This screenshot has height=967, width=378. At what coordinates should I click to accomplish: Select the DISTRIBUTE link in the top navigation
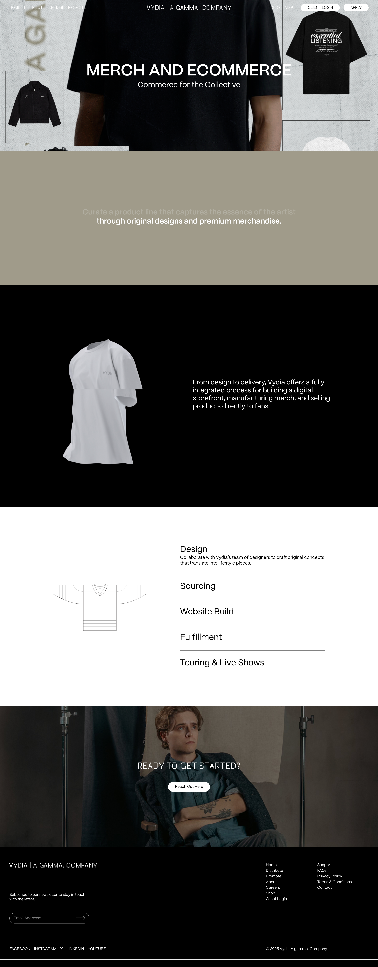point(34,8)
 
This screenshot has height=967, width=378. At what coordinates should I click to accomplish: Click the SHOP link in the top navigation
point(275,8)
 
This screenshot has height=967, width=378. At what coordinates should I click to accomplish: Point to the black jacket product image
point(35,104)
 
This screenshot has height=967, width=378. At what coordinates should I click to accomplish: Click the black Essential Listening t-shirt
point(326,53)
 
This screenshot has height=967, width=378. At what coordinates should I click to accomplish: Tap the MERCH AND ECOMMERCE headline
point(189,70)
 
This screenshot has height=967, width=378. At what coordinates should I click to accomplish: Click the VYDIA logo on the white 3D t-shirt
point(107,373)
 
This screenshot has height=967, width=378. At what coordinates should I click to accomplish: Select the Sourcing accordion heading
point(197,586)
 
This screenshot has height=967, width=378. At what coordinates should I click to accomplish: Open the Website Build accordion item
point(206,611)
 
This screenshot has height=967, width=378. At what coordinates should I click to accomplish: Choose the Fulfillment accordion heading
point(201,637)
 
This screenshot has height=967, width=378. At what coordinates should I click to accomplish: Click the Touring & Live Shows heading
point(222,663)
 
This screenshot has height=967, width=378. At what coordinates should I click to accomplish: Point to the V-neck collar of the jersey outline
point(99,589)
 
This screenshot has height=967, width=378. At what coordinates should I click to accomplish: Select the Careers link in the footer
point(273,887)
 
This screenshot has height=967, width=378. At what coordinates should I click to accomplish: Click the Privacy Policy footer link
point(329,876)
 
